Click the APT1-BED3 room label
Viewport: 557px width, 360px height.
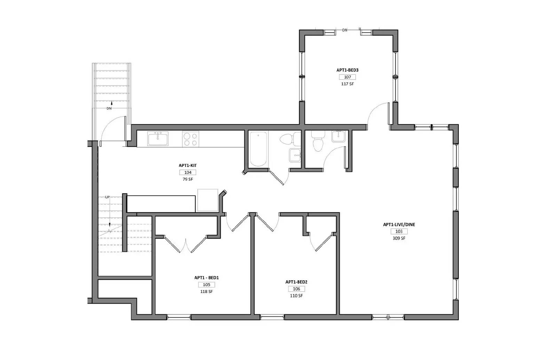(x=347, y=70)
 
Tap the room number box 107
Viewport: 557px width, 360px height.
(x=347, y=77)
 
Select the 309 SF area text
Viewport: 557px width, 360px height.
(x=399, y=238)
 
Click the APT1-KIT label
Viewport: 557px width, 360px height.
(x=188, y=166)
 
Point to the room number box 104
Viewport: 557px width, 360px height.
(x=188, y=173)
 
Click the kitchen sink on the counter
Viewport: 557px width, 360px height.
(x=158, y=139)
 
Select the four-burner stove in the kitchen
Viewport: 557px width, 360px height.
(x=190, y=139)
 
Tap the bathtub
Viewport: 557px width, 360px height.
(x=259, y=149)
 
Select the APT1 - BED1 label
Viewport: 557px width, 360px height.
(x=206, y=278)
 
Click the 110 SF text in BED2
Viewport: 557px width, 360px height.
(x=296, y=296)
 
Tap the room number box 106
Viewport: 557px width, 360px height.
(x=296, y=289)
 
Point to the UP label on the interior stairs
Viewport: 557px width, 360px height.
(x=107, y=197)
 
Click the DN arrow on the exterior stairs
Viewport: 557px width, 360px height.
(x=111, y=103)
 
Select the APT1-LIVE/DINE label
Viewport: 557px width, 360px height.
(x=399, y=225)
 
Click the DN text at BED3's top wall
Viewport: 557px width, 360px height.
(x=345, y=30)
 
